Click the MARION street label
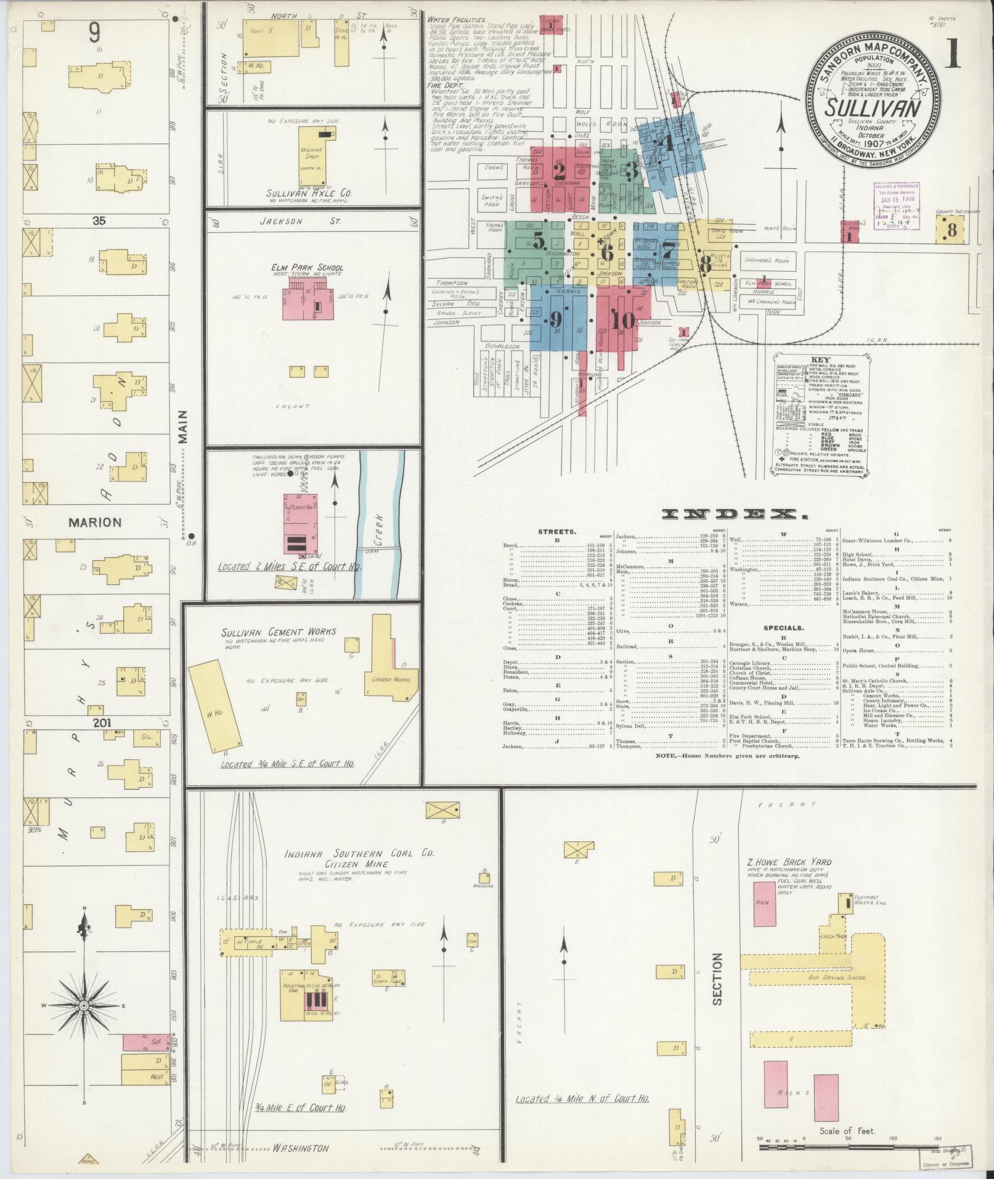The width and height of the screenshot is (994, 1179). (95, 522)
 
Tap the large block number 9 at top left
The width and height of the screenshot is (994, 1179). (94, 32)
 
